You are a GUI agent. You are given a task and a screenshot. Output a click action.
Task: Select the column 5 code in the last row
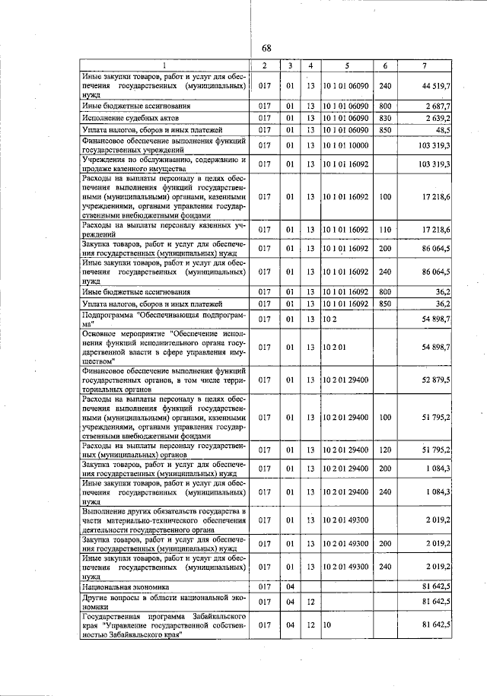(x=328, y=624)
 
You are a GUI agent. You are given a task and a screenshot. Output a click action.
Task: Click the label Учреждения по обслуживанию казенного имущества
(x=164, y=164)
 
